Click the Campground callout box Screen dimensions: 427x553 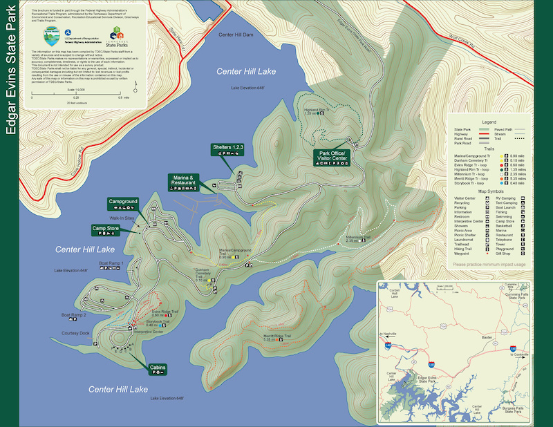[123, 204]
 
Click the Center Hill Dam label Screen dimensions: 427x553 [236, 35]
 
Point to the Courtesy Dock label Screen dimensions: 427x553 [75, 334]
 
